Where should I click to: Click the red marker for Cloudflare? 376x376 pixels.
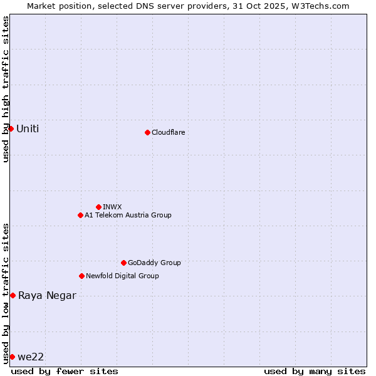point(147,132)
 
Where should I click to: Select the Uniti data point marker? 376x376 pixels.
point(11,128)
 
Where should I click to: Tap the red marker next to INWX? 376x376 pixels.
point(98,207)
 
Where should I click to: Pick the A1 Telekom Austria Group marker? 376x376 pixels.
point(80,215)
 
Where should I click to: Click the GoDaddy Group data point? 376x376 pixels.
point(123,263)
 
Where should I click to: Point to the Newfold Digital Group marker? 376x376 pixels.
point(81,276)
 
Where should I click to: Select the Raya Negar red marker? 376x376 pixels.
point(13,295)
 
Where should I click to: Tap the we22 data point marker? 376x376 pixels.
point(12,357)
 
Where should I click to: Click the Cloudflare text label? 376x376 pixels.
point(168,132)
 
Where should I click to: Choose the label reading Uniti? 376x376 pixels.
point(28,128)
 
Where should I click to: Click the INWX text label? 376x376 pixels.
point(112,207)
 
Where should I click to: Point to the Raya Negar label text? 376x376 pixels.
point(47,295)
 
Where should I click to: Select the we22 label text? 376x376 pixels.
point(31,357)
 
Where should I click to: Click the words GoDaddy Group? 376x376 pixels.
point(154,263)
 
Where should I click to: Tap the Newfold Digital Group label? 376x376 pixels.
point(122,276)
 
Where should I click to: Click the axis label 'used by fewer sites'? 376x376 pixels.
point(65,371)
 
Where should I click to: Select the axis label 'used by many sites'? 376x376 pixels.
point(315,371)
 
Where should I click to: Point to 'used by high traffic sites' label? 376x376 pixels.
point(6,89)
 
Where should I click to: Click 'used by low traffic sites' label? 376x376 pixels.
point(6,293)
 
